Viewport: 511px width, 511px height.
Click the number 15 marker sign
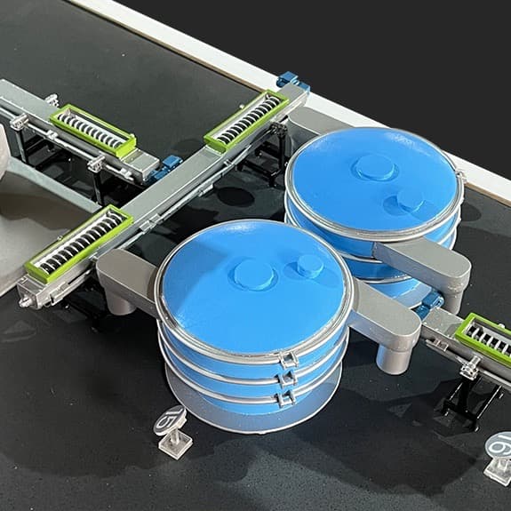(169, 419)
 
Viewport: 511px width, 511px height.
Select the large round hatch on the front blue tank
(253, 275)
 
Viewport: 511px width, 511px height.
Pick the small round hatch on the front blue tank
(309, 265)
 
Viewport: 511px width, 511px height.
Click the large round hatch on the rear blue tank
(374, 167)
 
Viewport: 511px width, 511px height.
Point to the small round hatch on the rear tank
(410, 201)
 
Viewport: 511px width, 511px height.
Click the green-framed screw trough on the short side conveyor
(92, 129)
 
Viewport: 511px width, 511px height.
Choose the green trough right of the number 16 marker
(483, 339)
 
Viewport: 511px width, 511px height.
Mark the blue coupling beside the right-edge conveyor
(430, 303)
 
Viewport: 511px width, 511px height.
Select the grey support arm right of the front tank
(387, 320)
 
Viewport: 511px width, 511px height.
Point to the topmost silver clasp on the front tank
(286, 359)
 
